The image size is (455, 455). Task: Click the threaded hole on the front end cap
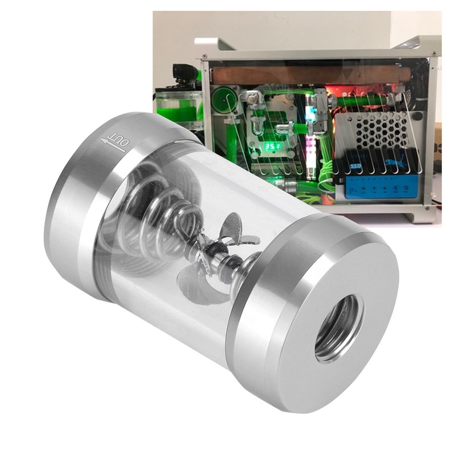pos(339,328)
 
